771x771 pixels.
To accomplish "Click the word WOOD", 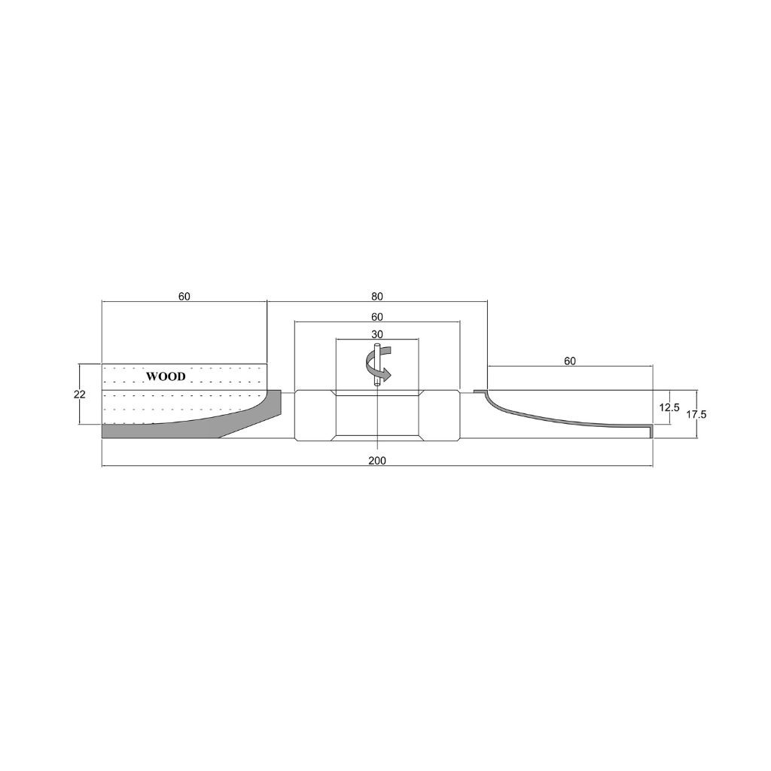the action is [x=166, y=376].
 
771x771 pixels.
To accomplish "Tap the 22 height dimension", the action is [x=79, y=395].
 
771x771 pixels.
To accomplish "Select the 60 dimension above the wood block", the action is [x=184, y=297].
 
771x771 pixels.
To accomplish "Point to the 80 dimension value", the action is [x=377, y=297].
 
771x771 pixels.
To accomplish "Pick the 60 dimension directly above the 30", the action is [x=377, y=317].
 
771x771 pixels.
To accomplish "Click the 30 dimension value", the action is [x=377, y=334].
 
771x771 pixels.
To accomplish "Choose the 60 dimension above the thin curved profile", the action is [x=570, y=361].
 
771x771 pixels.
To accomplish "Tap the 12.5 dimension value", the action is [x=669, y=407].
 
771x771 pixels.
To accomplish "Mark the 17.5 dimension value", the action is [x=696, y=415].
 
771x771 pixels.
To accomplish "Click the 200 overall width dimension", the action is [x=377, y=461].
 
